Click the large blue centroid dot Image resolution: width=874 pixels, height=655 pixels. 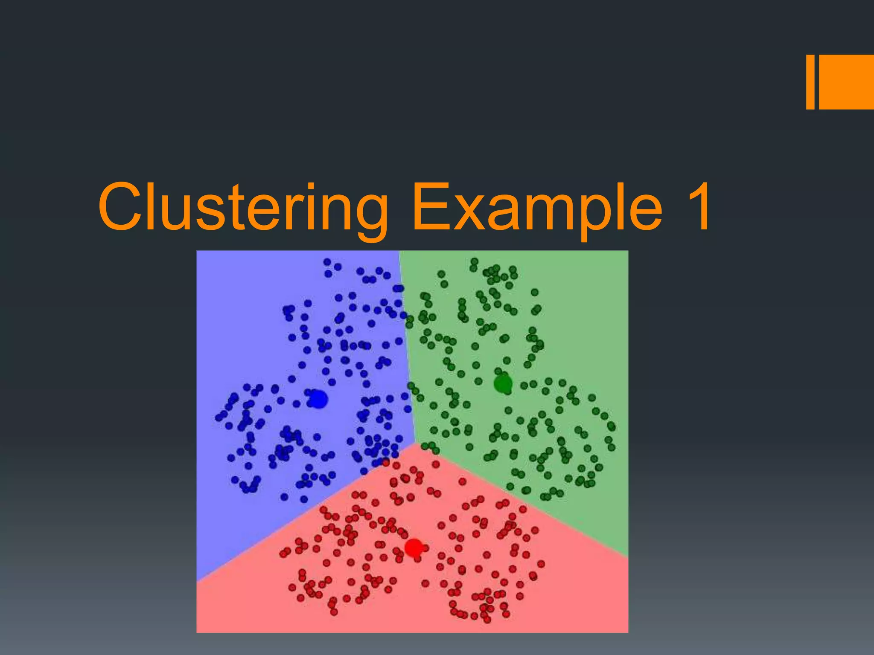318,399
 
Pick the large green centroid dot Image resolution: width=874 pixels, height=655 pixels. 503,384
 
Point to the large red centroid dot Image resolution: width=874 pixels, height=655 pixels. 413,548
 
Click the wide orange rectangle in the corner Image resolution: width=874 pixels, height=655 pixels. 846,82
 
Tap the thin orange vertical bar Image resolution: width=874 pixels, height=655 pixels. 810,82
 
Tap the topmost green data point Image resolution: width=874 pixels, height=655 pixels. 474,261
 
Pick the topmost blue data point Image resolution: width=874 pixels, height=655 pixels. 327,262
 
